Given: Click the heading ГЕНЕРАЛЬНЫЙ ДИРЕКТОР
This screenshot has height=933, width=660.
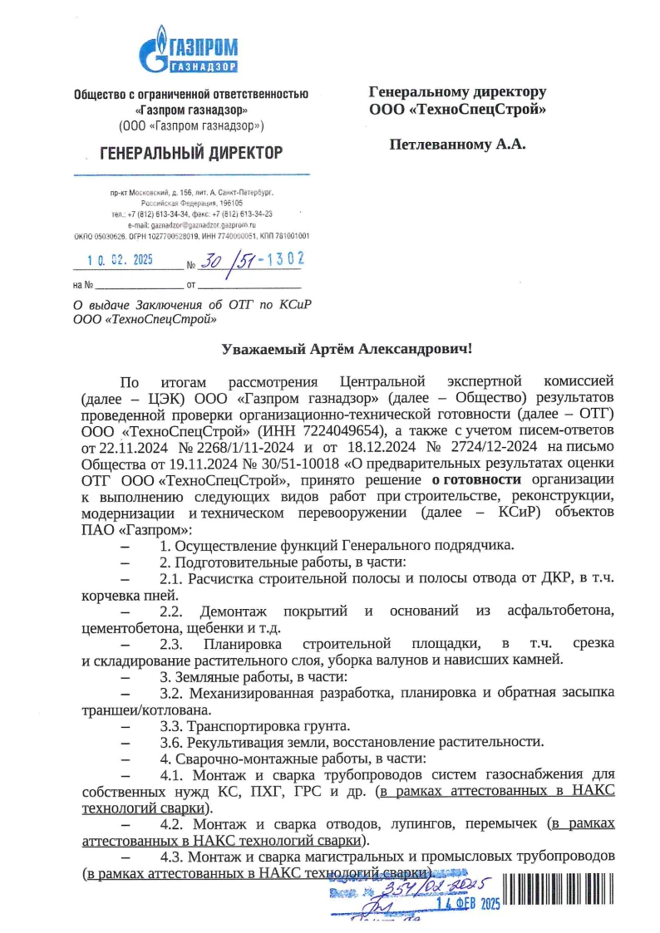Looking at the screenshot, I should click(x=191, y=153).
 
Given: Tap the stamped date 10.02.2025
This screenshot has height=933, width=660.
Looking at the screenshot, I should click(x=121, y=259).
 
